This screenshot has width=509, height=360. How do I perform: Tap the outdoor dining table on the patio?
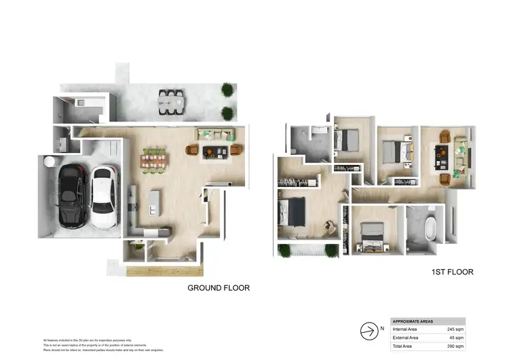(171, 102)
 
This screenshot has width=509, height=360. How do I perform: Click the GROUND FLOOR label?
(218, 288)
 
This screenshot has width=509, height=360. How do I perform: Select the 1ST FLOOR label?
(452, 272)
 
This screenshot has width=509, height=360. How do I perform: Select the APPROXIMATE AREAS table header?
(416, 321)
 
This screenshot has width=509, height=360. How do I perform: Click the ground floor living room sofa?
(214, 133)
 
